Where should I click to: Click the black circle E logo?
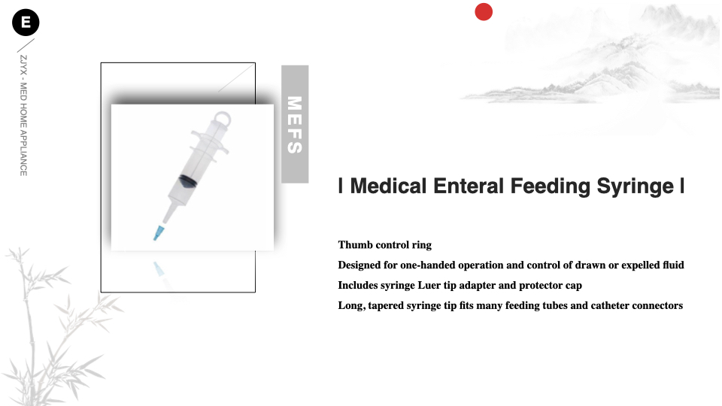(26, 23)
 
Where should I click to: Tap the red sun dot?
(484, 12)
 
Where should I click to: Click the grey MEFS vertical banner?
(295, 124)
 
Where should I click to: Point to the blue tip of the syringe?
(159, 232)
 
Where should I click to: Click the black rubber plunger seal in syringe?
(187, 181)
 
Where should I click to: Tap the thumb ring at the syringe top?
(221, 118)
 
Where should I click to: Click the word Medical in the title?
(388, 186)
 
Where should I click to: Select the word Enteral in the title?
(469, 186)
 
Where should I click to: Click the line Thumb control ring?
(384, 245)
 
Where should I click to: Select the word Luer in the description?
(429, 286)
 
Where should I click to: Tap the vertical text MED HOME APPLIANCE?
(23, 129)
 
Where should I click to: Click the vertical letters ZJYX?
(23, 65)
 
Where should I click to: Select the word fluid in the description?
(673, 265)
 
